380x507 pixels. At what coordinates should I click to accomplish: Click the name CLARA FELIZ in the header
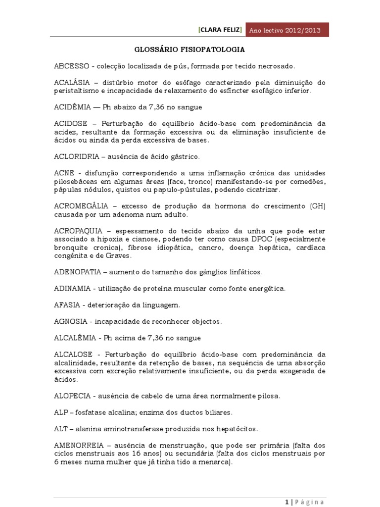(x=220, y=30)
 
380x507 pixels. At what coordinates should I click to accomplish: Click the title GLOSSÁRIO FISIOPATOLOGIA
(x=190, y=50)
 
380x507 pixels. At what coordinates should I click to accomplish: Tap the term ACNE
(x=64, y=173)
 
